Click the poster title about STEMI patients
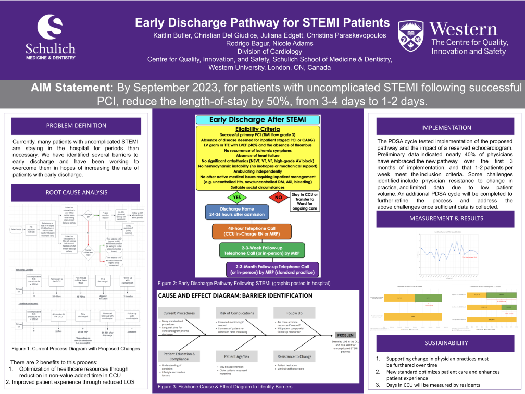tap(262, 23)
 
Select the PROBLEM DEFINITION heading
tap(76, 126)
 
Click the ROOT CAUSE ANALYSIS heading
tap(76, 193)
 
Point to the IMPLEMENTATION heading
tap(446, 127)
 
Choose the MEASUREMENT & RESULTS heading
tap(446, 218)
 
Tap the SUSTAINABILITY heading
tap(446, 343)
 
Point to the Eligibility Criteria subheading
tap(257, 129)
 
